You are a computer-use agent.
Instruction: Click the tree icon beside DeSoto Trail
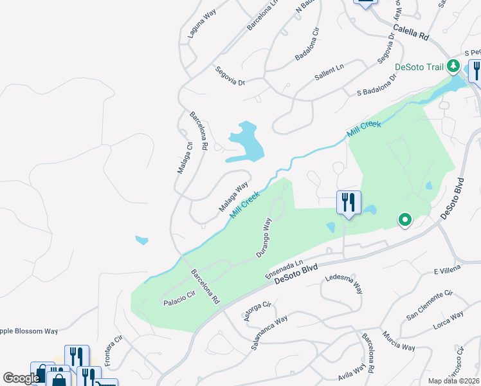coord(453,66)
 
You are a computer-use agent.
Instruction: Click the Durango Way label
coord(264,237)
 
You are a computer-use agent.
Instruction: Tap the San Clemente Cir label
coord(430,305)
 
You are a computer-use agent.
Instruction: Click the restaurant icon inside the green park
coord(349,203)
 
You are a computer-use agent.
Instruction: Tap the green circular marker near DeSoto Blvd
coord(404,221)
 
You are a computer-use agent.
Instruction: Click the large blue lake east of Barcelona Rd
coord(246,141)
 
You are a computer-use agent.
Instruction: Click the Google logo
coord(21,378)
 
